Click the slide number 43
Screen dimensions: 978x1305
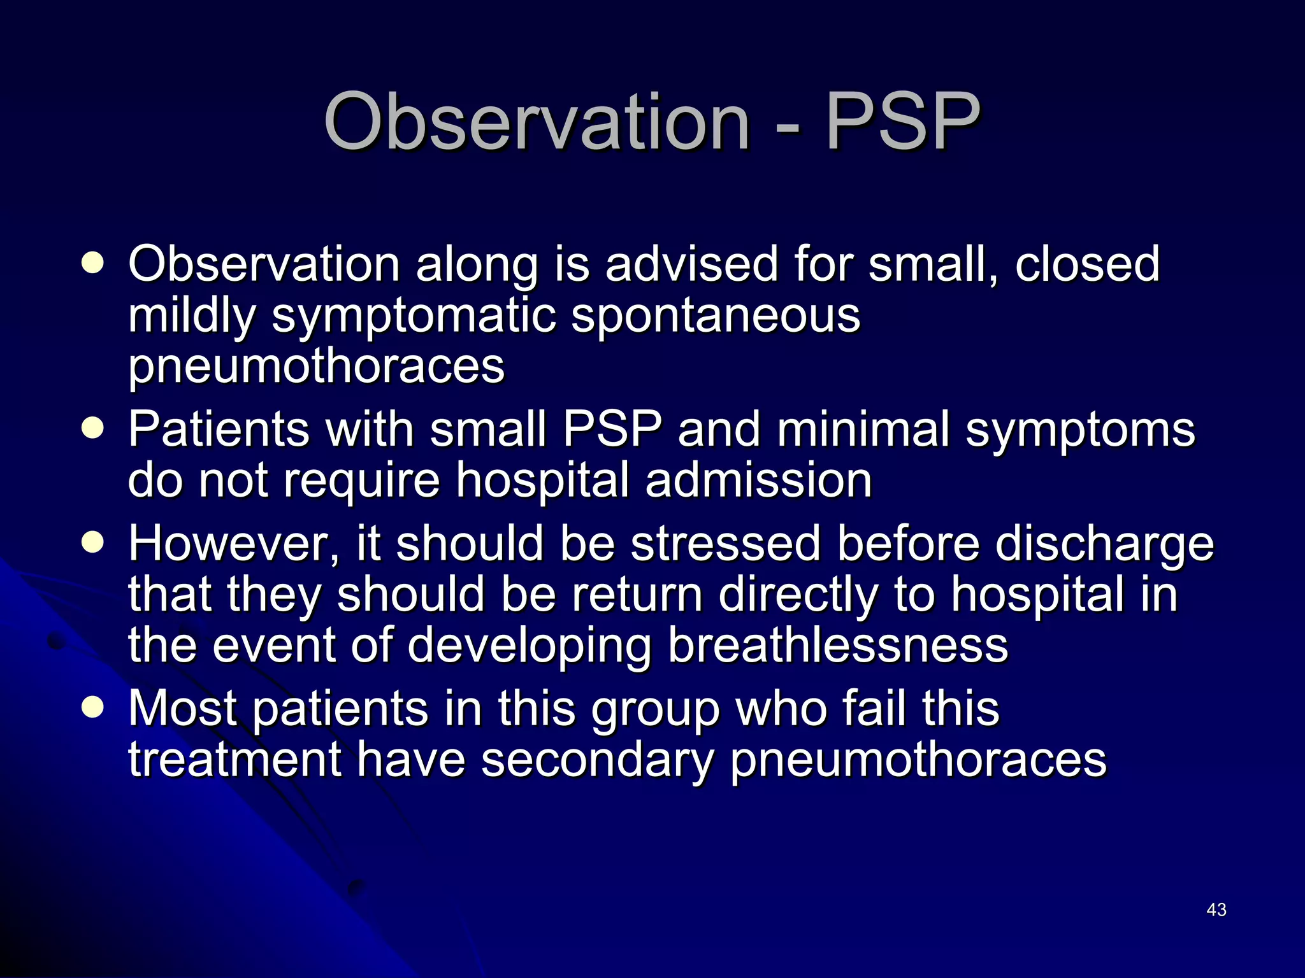[x=1216, y=910]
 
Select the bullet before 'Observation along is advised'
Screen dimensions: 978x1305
[x=93, y=264]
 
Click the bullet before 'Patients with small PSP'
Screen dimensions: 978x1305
[x=93, y=429]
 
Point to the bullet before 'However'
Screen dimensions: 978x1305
[x=93, y=542]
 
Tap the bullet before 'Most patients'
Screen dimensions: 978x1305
[x=93, y=707]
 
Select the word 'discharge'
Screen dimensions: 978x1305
[x=1104, y=545]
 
